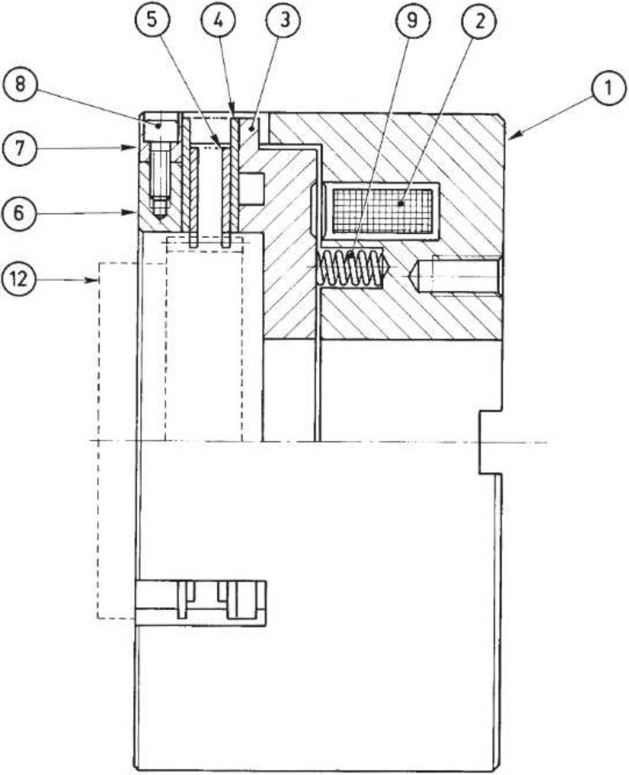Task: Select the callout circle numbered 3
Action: (x=283, y=20)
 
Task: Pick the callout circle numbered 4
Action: (x=218, y=20)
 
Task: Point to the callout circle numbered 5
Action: (x=152, y=20)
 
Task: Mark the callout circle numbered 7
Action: (x=19, y=148)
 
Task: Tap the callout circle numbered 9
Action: (x=413, y=20)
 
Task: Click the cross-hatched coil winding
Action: (x=382, y=211)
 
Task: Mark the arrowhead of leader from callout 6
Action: (x=132, y=213)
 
